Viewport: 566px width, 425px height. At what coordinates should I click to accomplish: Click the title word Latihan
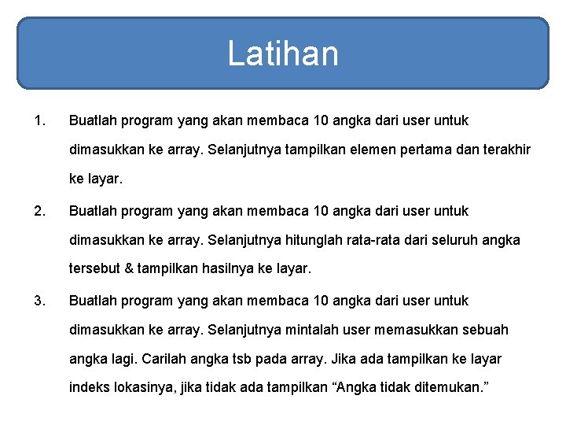coord(283,54)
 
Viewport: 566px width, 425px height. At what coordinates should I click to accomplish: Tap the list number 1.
coord(39,121)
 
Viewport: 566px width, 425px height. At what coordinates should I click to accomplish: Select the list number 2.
coord(39,211)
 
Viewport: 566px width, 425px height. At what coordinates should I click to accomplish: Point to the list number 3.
coord(39,301)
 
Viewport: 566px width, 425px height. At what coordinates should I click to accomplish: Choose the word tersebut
coord(95,269)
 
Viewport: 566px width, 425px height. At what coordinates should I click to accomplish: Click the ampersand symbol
coord(129,269)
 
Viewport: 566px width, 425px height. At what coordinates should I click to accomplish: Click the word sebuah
coord(487,330)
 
